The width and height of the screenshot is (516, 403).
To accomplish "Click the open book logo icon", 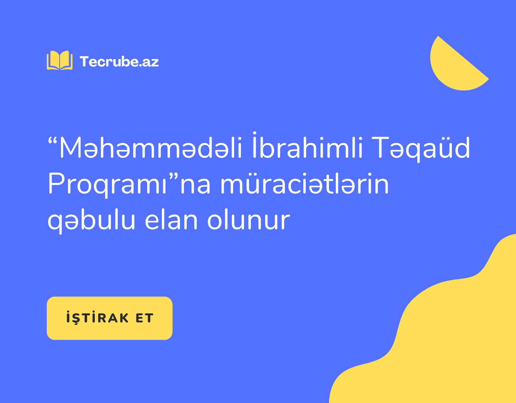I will coord(60,60).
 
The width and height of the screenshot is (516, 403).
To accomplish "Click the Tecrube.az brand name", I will coord(119,62).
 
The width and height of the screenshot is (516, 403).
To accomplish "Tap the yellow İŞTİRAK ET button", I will coord(110,318).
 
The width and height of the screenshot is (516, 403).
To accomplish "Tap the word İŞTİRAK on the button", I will coord(97,318).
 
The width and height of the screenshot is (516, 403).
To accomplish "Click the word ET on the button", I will coord(144,318).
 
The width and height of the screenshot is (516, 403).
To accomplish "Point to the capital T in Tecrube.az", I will coord(84,61).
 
